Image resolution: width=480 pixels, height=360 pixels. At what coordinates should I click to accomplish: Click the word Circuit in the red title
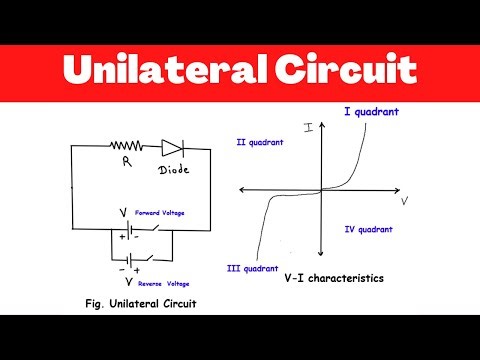click(344, 70)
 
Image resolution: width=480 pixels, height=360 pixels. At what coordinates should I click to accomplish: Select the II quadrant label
click(260, 142)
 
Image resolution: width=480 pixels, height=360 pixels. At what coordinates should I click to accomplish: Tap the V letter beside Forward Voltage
click(122, 213)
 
